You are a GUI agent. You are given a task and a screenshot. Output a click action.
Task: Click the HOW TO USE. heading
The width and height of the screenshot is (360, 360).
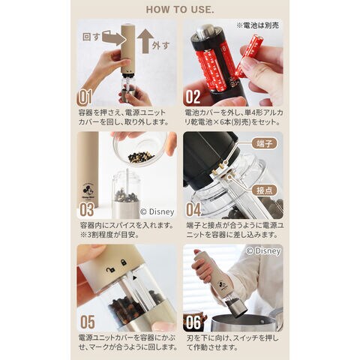(180, 10)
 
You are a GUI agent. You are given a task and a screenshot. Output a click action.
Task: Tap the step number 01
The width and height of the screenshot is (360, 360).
(85, 97)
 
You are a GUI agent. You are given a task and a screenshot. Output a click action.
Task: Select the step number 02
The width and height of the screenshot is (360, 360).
(193, 97)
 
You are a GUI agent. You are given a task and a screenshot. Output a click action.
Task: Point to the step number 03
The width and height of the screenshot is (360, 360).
(87, 209)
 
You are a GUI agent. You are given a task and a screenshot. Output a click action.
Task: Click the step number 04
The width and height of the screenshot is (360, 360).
(193, 209)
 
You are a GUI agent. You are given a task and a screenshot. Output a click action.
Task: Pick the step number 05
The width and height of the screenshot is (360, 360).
(88, 322)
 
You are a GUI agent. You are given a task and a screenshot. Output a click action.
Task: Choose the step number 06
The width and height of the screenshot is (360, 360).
(193, 322)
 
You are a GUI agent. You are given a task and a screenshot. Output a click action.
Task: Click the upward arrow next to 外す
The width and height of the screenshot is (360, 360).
(145, 41)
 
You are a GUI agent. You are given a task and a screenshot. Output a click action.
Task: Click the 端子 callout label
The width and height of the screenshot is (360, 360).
(264, 144)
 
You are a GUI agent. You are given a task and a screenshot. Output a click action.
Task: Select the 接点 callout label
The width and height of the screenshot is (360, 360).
(264, 190)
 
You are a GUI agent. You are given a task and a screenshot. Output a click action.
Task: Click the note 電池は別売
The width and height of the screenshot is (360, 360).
(257, 25)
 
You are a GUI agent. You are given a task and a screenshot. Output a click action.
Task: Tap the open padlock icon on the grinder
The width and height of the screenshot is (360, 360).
(110, 270)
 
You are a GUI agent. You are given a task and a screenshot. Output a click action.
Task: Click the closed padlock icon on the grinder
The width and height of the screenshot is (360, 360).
(123, 262)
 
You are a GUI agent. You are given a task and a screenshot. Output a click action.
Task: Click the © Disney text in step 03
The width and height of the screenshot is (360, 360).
(157, 212)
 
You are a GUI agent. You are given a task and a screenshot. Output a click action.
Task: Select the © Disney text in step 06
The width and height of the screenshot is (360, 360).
(263, 251)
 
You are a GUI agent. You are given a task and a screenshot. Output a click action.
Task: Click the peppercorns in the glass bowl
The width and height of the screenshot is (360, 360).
(141, 157)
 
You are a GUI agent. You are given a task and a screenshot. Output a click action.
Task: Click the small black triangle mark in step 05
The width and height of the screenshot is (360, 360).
(135, 277)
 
